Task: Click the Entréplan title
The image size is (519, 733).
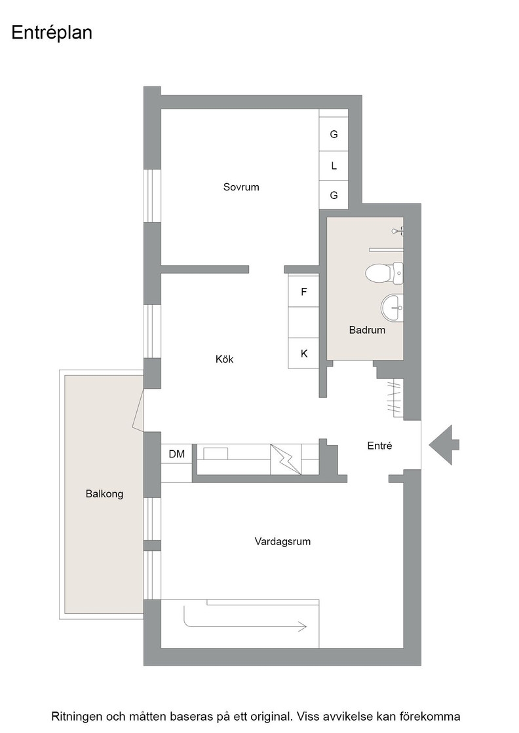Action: [52, 33]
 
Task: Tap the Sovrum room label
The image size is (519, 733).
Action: [241, 187]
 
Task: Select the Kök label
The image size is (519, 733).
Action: [224, 359]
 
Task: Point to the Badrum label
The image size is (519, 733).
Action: [367, 330]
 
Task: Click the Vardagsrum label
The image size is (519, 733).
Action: [282, 541]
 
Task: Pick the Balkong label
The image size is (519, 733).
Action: [104, 493]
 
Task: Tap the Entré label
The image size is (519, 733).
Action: [379, 446]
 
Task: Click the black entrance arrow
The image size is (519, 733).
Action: [444, 445]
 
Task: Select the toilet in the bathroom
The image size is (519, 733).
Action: [384, 273]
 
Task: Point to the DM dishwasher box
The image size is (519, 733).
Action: [176, 454]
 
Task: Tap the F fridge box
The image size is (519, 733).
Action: [303, 292]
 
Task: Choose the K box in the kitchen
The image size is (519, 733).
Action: [303, 354]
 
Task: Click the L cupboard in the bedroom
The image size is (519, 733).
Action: [334, 166]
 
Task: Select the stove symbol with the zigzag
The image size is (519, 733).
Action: [286, 459]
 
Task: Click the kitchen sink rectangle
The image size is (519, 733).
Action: [216, 453]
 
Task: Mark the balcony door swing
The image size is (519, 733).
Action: [138, 410]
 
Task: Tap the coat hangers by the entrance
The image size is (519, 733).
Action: [395, 397]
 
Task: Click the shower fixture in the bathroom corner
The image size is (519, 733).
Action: [398, 231]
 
